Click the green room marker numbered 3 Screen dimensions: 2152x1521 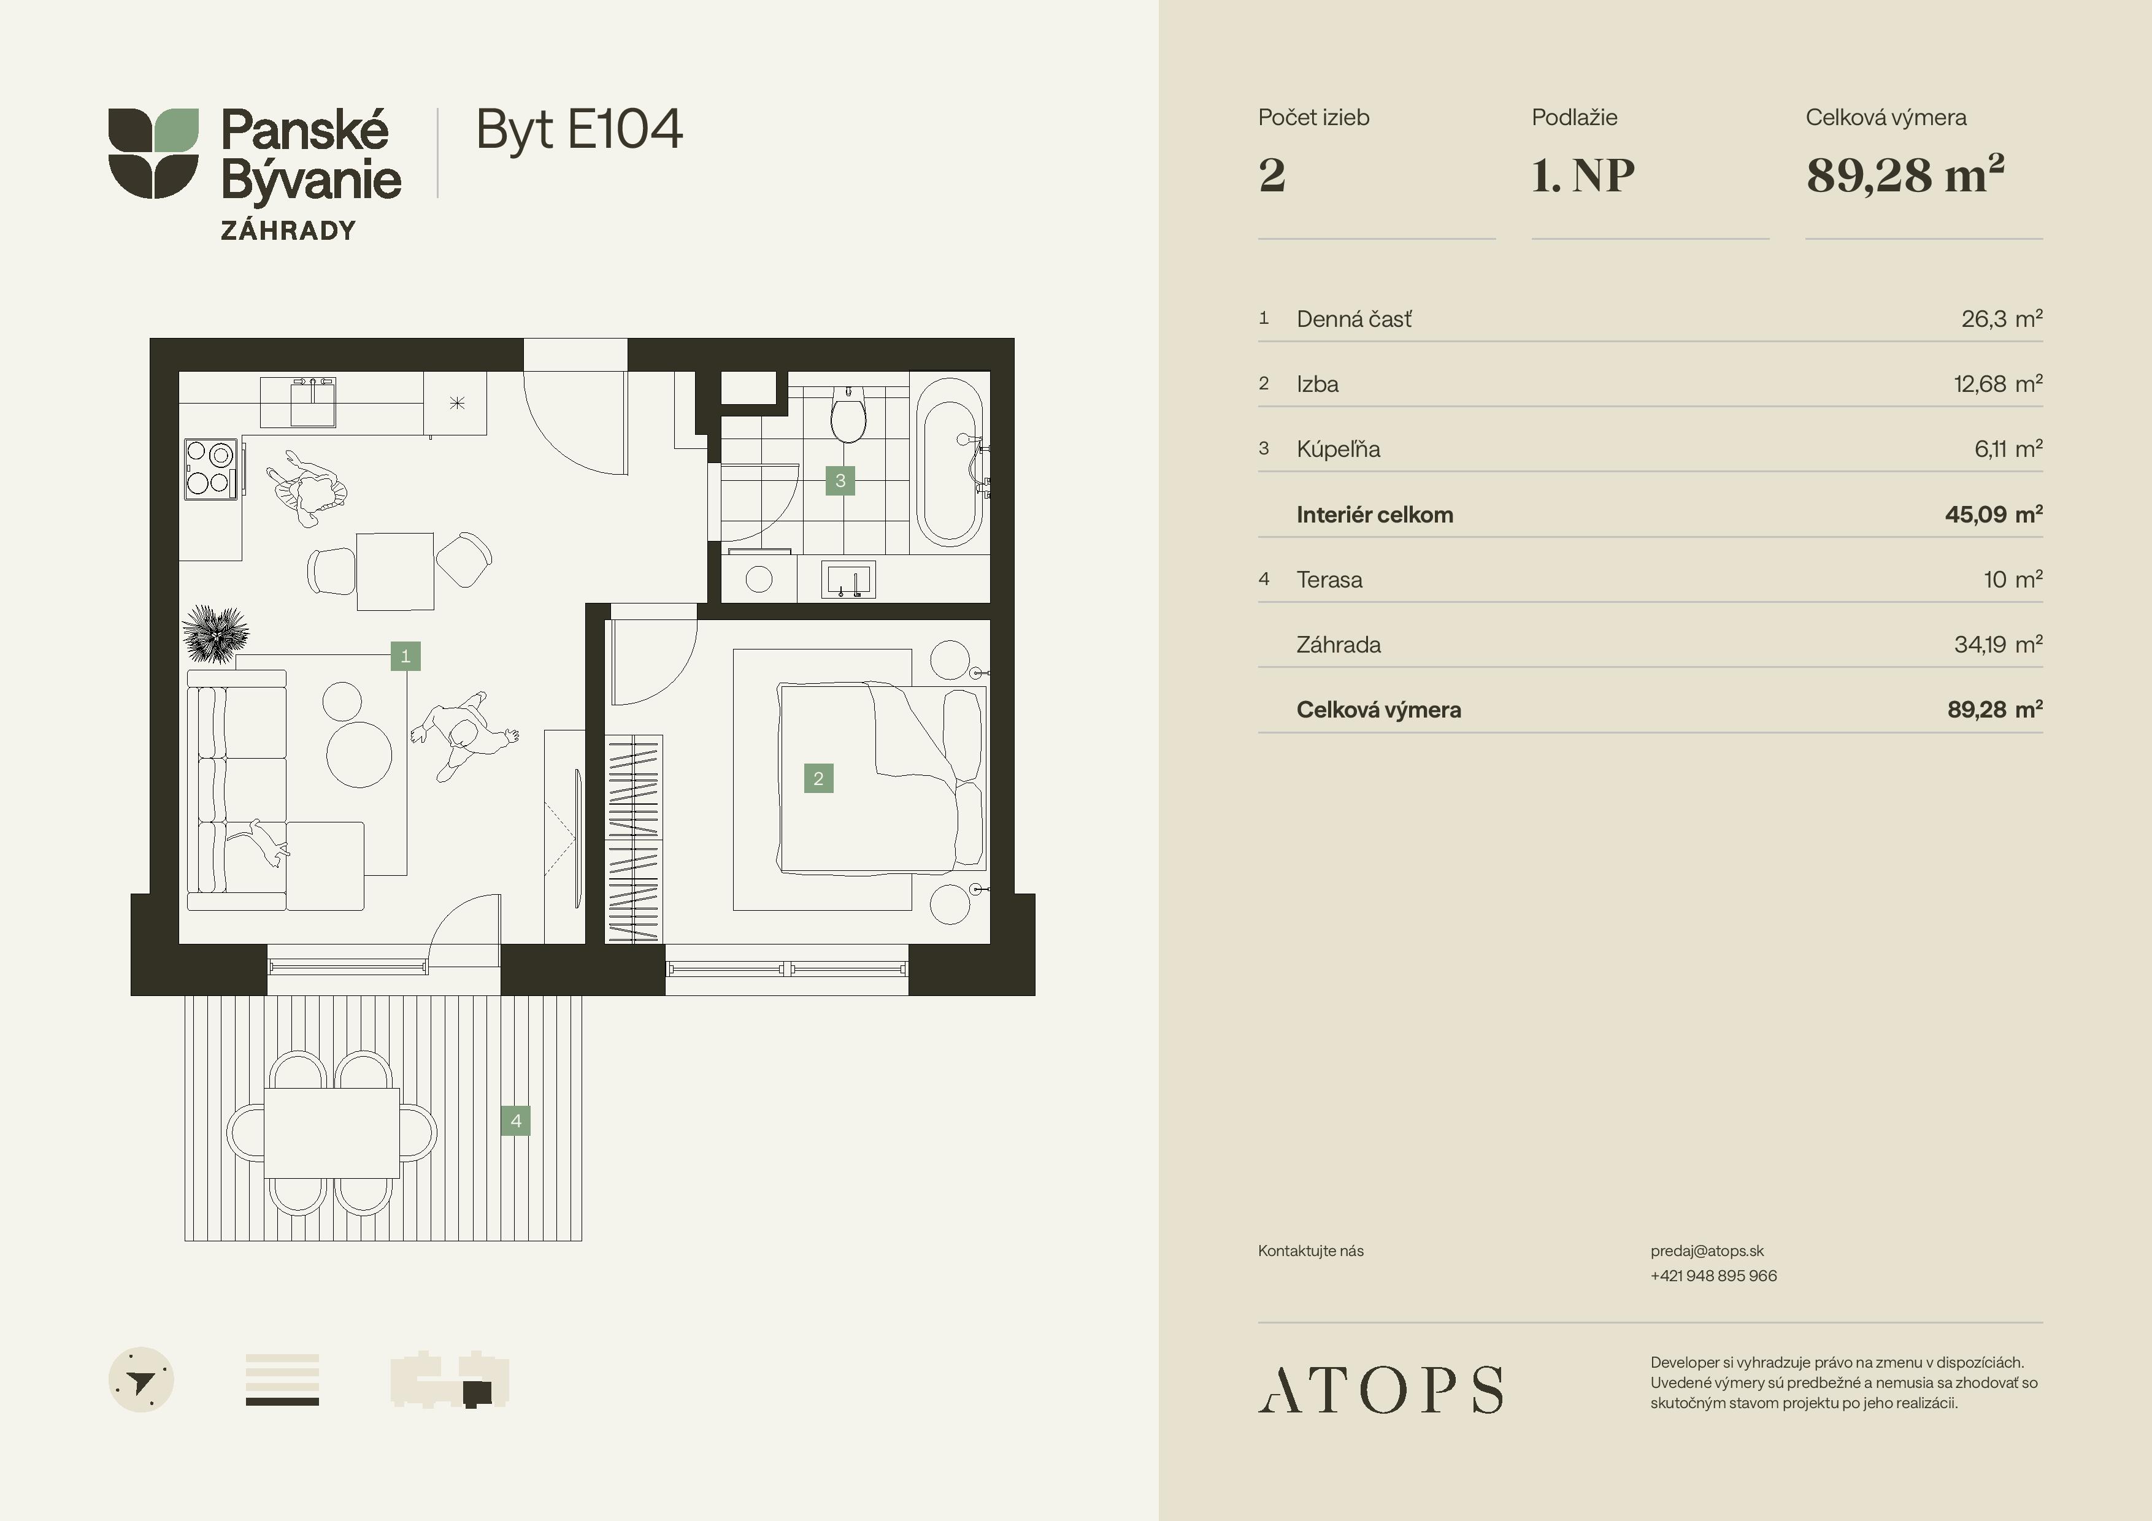840,481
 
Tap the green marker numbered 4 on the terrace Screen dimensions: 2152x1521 515,1121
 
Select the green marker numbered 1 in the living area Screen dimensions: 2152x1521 406,656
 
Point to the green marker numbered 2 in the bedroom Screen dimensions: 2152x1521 818,778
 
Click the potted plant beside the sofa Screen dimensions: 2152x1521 215,634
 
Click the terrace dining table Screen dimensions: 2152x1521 332,1133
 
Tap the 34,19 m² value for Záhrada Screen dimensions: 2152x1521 1997,645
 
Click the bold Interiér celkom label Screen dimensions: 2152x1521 1374,515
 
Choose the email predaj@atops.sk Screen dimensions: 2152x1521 1707,1251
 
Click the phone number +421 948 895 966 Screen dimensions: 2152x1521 1713,1276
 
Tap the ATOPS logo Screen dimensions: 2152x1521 1380,1389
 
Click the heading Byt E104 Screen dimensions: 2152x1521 579,130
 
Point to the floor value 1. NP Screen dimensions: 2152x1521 1583,175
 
